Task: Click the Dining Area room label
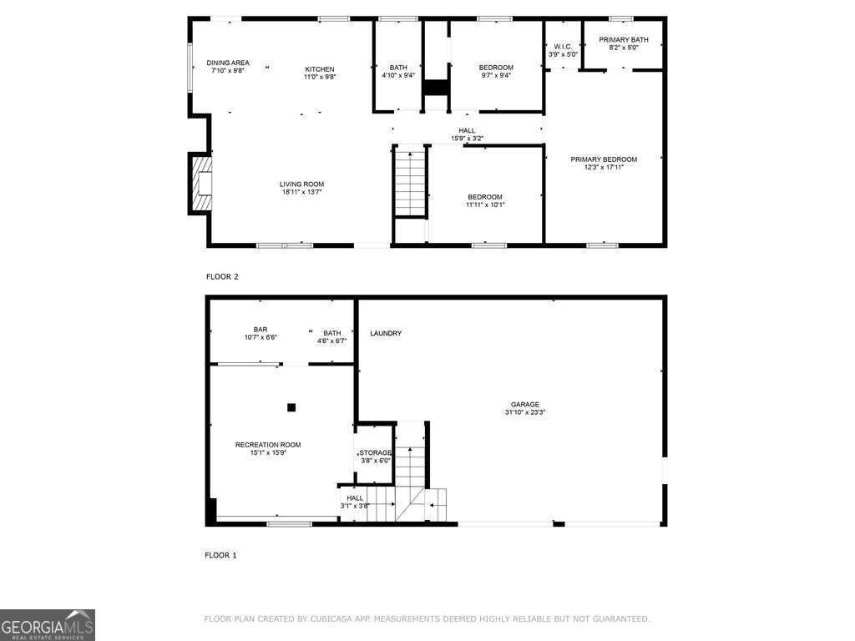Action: click(x=228, y=63)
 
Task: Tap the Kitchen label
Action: click(x=319, y=69)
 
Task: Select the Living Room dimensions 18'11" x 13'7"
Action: click(x=301, y=192)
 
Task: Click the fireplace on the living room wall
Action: click(x=203, y=184)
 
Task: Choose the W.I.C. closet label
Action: click(x=562, y=47)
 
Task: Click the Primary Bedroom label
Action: click(x=604, y=159)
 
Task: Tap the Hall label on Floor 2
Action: click(x=467, y=130)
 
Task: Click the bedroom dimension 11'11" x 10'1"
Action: click(x=485, y=204)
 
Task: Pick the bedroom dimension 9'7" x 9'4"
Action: click(x=496, y=75)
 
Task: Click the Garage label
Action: click(x=525, y=404)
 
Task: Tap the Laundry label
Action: click(x=386, y=333)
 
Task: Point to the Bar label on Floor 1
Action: click(x=261, y=329)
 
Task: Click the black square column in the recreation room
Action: click(x=291, y=407)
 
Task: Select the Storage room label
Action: click(x=375, y=452)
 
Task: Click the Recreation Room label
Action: click(x=267, y=445)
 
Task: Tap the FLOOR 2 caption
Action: click(x=222, y=276)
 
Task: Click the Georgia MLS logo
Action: click(x=48, y=625)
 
